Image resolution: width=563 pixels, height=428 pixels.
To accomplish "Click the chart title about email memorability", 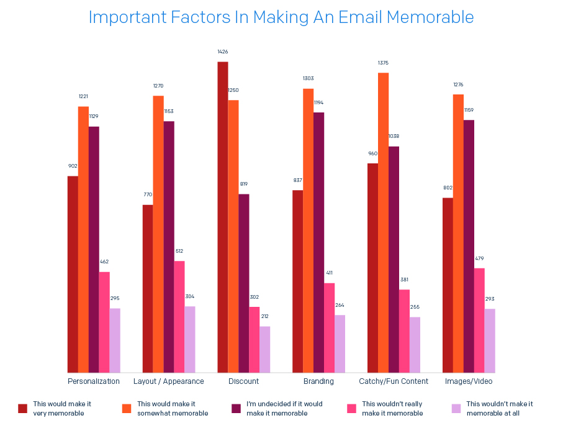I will coord(281,17).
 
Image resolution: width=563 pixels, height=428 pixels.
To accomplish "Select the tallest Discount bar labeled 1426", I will coord(223,217).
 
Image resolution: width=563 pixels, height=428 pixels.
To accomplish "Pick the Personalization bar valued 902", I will coord(73,274).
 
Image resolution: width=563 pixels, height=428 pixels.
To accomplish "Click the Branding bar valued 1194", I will coord(319,242).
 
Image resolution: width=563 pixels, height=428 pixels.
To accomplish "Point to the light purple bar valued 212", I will coord(265,349).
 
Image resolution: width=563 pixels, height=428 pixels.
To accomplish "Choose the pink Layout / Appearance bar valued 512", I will coord(179,317).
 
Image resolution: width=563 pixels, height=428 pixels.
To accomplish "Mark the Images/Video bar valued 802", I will coord(448,285).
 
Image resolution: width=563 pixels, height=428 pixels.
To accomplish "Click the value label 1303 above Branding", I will coord(309,78).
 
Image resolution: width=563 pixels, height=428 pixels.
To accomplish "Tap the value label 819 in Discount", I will coord(243,184).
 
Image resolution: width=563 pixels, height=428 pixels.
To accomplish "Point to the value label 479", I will coord(479,258).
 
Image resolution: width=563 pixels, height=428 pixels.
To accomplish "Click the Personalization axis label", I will coord(94,381).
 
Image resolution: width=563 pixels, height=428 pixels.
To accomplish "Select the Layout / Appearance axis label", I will coord(169,381).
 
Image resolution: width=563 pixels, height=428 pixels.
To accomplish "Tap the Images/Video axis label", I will coord(469,381).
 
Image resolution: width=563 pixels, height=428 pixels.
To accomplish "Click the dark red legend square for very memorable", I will coord(23,408).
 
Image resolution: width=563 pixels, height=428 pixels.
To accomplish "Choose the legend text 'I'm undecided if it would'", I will coord(284,404).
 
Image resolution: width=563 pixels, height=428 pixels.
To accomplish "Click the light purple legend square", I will coord(456,408).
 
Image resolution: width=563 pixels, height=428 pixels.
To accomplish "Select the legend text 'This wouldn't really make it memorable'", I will coord(392,408).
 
